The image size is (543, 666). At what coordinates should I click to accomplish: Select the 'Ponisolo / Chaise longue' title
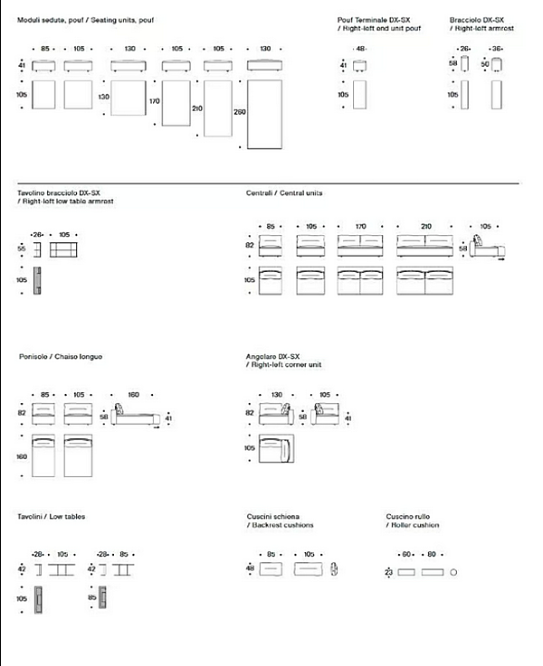click(60, 356)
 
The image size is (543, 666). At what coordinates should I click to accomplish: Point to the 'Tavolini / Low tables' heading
click(52, 516)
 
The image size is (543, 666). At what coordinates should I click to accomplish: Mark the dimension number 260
click(239, 112)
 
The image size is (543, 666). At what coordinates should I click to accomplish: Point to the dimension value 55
click(22, 247)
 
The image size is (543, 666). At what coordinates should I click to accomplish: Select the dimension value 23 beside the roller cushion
click(388, 572)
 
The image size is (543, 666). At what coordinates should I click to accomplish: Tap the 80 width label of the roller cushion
click(431, 554)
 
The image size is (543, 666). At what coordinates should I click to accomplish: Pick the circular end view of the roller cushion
click(453, 572)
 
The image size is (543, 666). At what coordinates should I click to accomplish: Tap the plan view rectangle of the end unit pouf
click(359, 95)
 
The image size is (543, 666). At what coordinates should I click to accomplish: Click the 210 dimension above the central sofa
click(426, 226)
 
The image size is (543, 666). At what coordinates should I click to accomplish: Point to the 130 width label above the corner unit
click(275, 394)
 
